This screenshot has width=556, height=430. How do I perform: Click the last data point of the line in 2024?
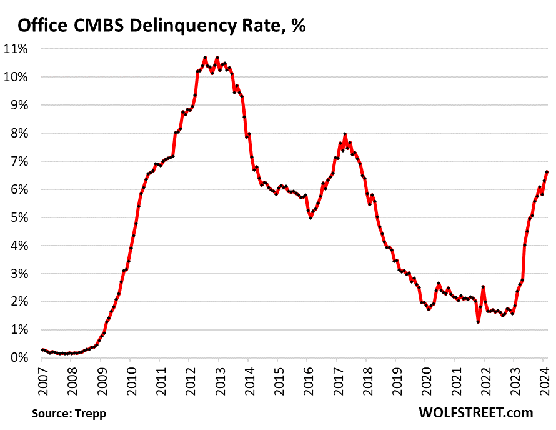point(547,172)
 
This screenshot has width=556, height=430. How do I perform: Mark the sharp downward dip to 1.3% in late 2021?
point(478,321)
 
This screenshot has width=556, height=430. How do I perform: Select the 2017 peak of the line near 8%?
point(345,134)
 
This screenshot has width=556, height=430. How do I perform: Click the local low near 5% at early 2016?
point(310,217)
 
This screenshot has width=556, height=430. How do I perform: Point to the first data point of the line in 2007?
point(42,350)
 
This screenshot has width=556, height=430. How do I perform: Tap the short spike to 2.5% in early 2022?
point(483,287)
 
